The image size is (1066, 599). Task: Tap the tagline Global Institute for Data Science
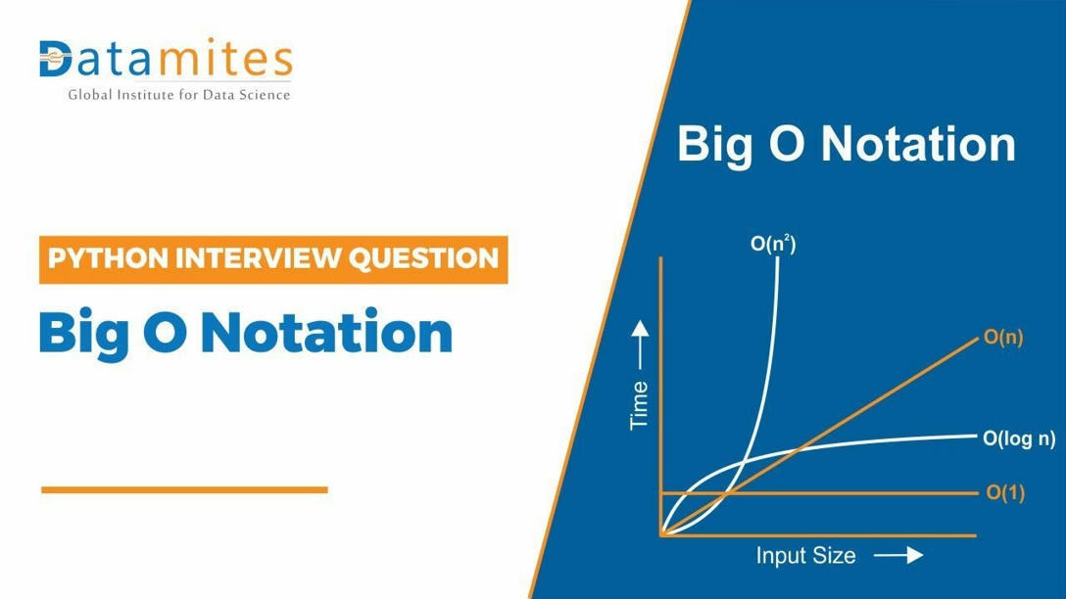tap(178, 95)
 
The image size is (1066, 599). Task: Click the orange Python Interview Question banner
tap(273, 259)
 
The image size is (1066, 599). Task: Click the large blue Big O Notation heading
tap(245, 333)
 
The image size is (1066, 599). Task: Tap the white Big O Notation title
tap(847, 144)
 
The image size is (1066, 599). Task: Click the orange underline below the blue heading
tap(184, 489)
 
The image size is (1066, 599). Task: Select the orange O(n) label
tap(1003, 339)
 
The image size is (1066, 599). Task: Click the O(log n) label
tap(1019, 438)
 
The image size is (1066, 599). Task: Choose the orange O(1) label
tap(1005, 493)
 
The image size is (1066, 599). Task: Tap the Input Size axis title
tap(805, 556)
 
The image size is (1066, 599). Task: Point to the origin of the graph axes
tap(662, 535)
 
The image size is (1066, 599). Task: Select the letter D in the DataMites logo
tap(56, 60)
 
